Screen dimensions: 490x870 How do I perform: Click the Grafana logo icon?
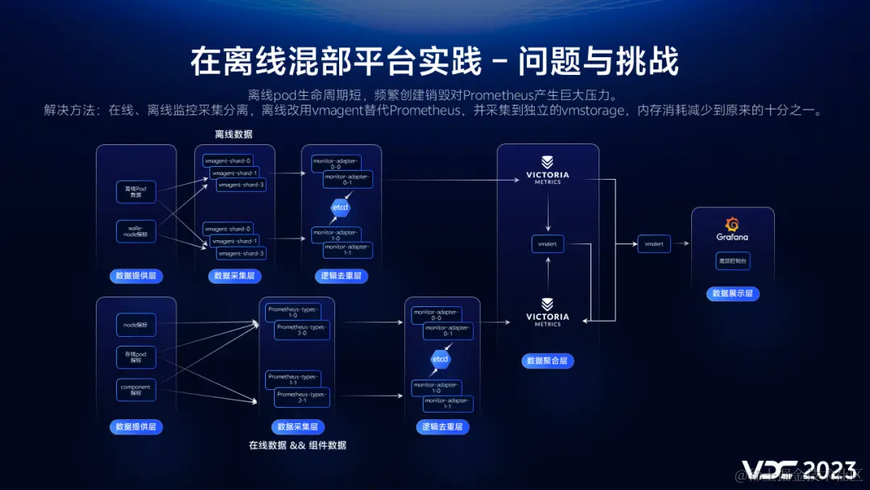732,225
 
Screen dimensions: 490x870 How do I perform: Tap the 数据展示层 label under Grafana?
732,293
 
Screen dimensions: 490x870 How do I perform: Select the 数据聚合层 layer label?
547,360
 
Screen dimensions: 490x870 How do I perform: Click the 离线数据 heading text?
234,135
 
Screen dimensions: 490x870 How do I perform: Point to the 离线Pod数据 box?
136,191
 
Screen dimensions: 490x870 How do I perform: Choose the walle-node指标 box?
136,231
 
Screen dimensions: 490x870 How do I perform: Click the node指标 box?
136,325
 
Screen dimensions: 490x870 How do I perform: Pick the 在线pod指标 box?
136,356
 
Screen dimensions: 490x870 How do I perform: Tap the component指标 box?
136,390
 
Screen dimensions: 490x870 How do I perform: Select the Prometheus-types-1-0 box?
292,312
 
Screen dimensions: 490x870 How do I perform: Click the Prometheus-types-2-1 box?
302,397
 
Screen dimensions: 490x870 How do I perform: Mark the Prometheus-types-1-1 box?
292,380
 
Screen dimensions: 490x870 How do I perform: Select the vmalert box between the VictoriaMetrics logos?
548,243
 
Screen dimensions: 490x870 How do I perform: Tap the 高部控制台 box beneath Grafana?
732,261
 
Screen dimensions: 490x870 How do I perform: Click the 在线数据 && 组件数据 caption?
297,445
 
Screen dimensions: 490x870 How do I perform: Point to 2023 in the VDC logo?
830,471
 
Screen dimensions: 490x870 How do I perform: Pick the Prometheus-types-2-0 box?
302,330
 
